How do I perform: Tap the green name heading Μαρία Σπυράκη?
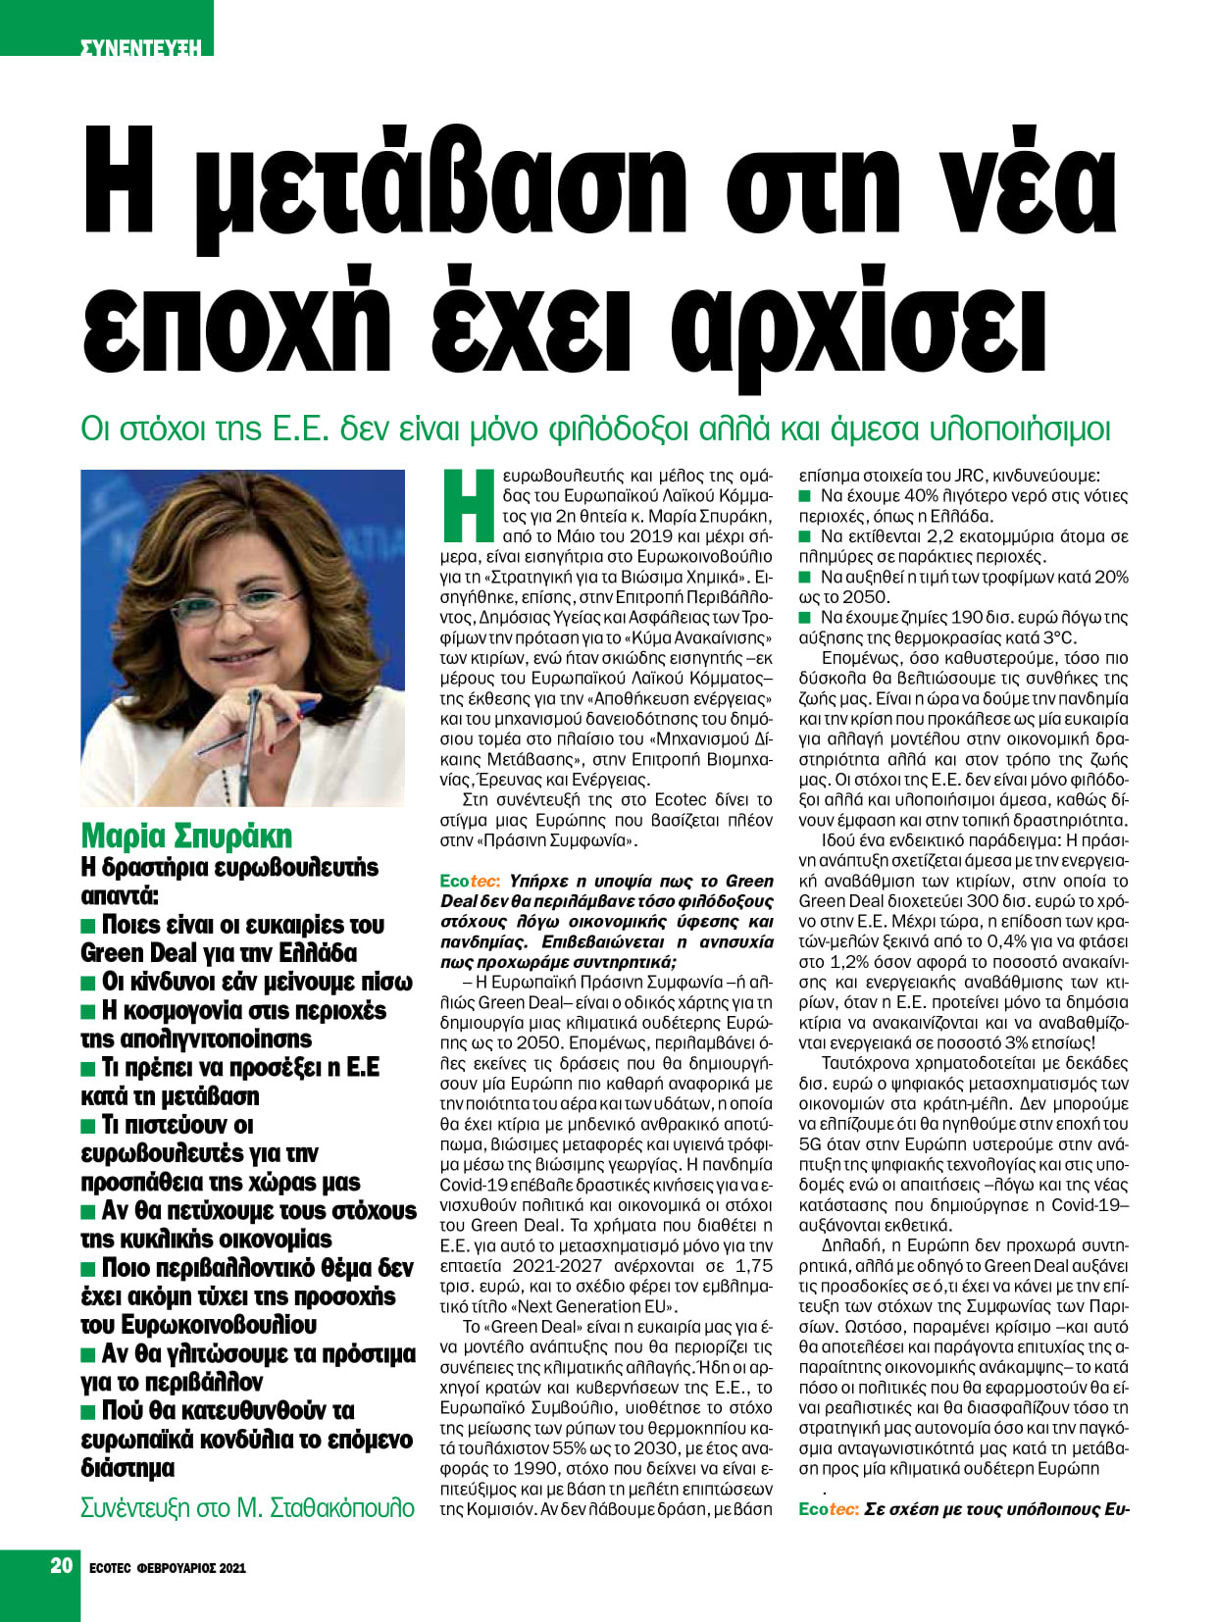click(x=186, y=836)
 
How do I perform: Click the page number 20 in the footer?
click(x=62, y=1565)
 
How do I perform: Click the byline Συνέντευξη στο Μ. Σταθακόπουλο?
click(x=247, y=1507)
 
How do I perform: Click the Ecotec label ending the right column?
click(x=829, y=1509)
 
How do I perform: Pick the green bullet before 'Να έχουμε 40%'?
click(x=805, y=496)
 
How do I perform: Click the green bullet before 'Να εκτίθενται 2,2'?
click(x=805, y=536)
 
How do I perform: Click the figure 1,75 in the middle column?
click(x=753, y=1266)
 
